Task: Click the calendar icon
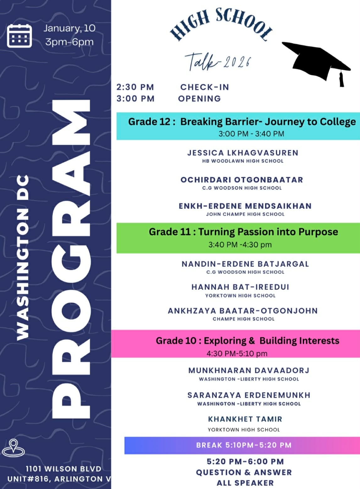tap(19, 36)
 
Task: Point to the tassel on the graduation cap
tap(341, 79)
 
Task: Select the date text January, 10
tap(69, 28)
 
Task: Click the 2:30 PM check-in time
tap(135, 87)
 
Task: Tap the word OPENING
tap(199, 99)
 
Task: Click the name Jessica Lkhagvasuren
tap(243, 153)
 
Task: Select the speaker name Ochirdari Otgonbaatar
tap(242, 180)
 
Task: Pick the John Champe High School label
tap(245, 214)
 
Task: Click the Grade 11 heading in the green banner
tap(243, 232)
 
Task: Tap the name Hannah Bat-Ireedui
tap(240, 287)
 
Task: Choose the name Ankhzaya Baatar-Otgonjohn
tap(243, 311)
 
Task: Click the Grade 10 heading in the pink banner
tap(247, 341)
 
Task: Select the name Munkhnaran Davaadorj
tap(249, 371)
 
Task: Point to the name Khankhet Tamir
tap(245, 419)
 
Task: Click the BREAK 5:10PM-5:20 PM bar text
tap(244, 445)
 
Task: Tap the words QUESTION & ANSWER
tap(244, 472)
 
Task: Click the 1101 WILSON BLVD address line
tap(63, 469)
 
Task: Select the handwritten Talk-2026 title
tap(218, 62)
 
